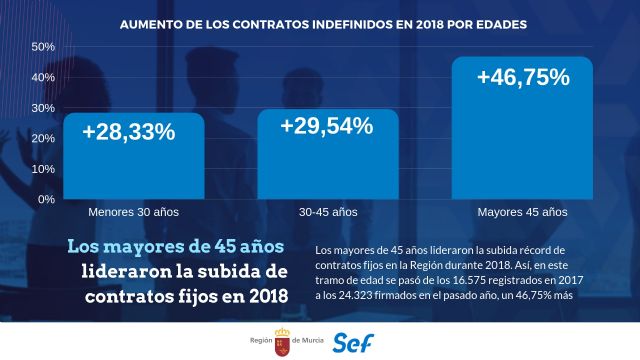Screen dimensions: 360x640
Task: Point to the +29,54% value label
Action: point(327,126)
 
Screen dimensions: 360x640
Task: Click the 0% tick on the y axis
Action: point(44,200)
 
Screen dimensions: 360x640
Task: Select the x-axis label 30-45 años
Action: point(328,213)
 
